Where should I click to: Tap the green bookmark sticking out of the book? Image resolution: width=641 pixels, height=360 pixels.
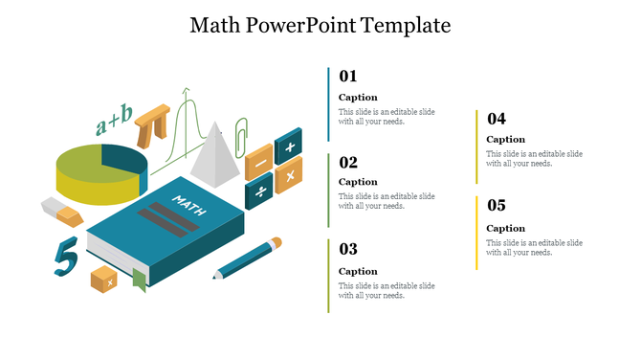pos(139,280)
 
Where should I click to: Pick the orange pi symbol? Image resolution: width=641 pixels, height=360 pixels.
pos(154,124)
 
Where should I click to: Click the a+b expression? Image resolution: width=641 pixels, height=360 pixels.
pos(114,120)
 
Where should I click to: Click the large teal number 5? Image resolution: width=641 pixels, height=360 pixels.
pos(65,257)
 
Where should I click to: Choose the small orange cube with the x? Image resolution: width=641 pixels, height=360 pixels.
pos(103,280)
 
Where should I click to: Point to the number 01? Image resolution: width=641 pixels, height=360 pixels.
pos(348,77)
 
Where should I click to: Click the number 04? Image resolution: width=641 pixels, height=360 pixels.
pos(496,119)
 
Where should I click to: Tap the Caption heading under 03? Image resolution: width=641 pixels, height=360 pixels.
pos(358,271)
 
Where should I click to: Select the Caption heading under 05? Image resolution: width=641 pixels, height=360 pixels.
pos(505,228)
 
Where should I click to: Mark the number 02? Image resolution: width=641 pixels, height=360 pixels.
pos(348,162)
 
